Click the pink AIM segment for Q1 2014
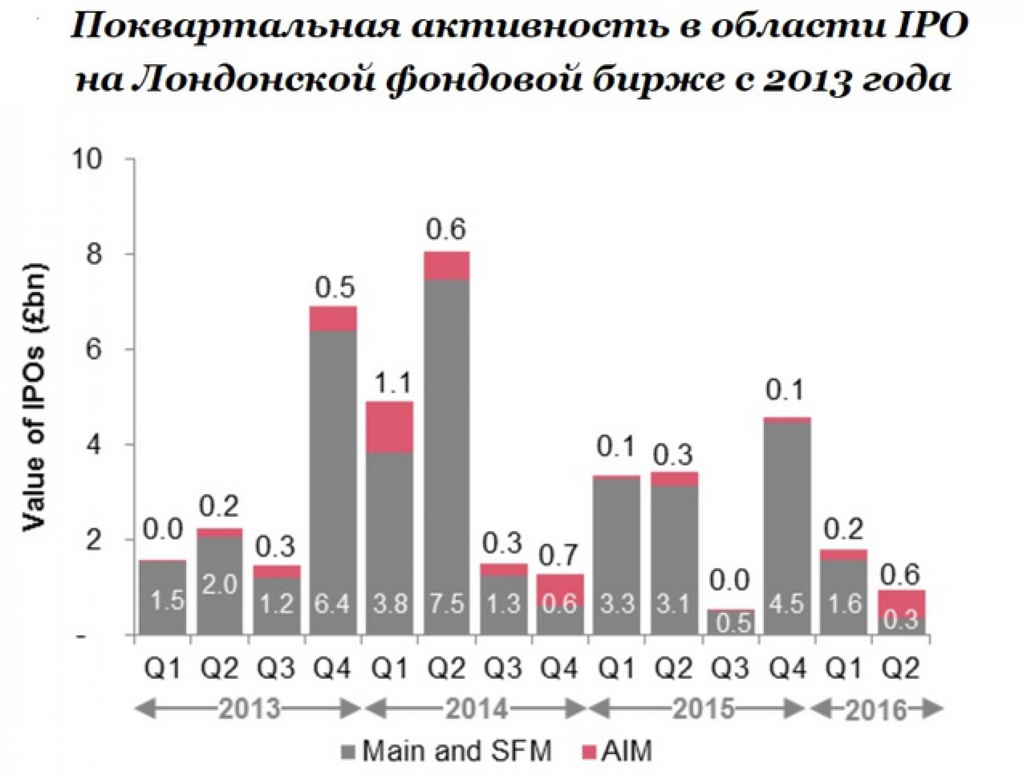[389, 427]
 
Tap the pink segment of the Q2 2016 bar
[901, 603]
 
